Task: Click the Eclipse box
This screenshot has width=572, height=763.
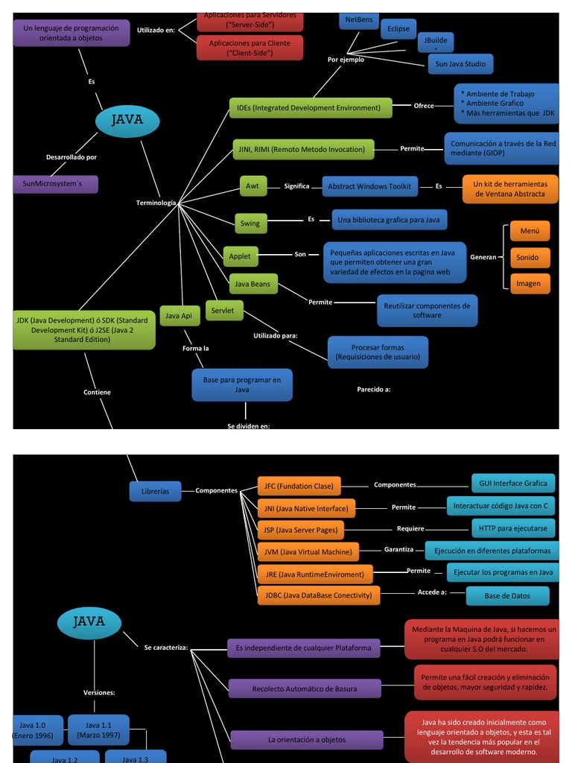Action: pos(398,29)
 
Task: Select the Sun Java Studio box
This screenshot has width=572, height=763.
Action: pos(460,64)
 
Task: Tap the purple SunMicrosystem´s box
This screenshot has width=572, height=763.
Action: pos(55,184)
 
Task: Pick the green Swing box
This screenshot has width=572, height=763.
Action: pos(250,223)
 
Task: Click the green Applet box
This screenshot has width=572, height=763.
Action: pos(240,256)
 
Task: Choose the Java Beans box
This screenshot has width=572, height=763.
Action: pos(252,284)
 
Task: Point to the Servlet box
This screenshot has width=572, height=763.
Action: pos(223,311)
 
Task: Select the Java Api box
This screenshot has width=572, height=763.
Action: pos(179,316)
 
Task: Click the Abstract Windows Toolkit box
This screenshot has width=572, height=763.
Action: pos(369,186)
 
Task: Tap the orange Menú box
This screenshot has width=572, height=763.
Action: pos(530,231)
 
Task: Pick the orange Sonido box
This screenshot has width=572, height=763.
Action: pos(530,258)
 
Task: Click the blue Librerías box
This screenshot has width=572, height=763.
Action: pos(155,491)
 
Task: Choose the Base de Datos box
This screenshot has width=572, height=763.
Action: pos(507,596)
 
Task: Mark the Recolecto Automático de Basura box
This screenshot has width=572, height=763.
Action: pos(305,689)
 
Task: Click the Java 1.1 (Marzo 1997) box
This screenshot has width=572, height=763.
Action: pos(98,730)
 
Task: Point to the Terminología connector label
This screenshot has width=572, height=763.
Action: pos(156,203)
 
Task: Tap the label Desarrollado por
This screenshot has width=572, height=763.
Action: pos(71,157)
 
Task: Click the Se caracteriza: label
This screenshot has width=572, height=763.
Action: pos(166,648)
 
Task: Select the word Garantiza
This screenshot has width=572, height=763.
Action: pos(398,549)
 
